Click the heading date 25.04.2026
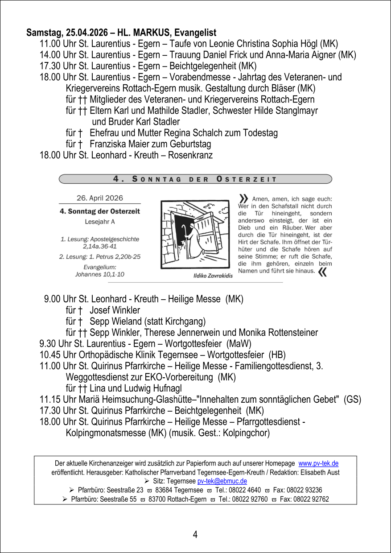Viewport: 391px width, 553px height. tap(86, 33)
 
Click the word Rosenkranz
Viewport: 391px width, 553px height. tap(190, 155)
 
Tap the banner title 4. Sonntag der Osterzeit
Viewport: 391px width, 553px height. tap(195, 179)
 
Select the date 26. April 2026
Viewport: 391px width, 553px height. tap(100, 198)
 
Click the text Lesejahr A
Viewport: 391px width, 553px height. tap(100, 221)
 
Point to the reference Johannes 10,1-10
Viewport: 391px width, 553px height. tap(100, 274)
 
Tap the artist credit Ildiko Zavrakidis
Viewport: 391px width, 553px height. tap(213, 276)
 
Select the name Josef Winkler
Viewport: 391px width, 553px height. tap(115, 310)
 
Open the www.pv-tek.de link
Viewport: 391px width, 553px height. tap(318, 463)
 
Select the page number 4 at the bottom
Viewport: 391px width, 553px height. tap(195, 534)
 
